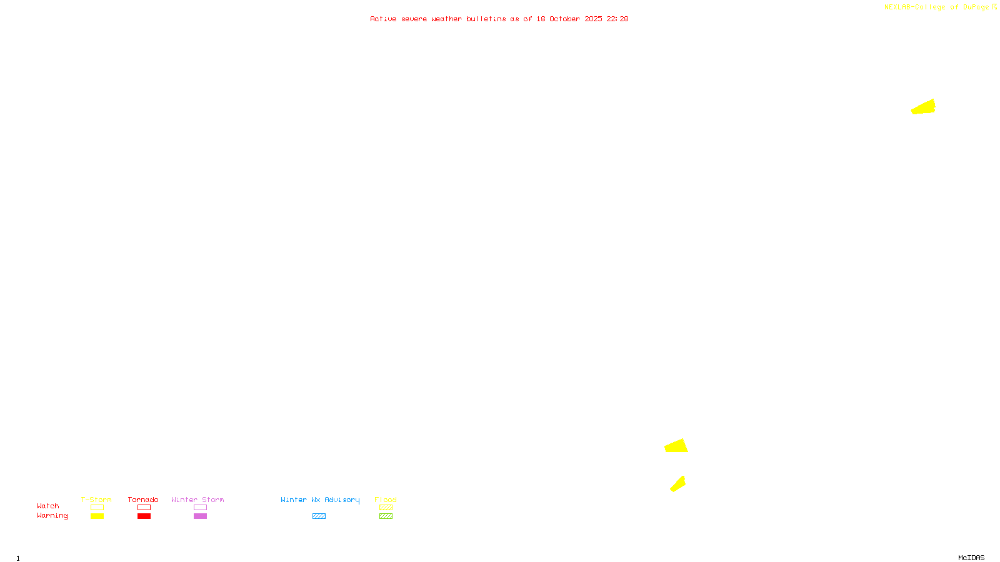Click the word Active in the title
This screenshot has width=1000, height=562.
[x=383, y=19]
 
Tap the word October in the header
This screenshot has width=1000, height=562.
[x=564, y=19]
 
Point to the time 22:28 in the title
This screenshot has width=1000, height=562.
[x=617, y=19]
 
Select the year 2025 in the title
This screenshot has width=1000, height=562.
[x=593, y=19]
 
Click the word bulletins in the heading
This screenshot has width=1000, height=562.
[x=486, y=19]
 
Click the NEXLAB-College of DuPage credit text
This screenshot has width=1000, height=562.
[x=936, y=7]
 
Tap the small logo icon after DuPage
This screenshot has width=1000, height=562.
[x=994, y=7]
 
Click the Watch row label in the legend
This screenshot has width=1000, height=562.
[x=48, y=506]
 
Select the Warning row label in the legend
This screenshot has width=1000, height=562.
[x=52, y=516]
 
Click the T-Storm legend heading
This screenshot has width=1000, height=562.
[x=96, y=500]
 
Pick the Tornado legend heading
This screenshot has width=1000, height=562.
[x=143, y=500]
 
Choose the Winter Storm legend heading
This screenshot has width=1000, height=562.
[x=197, y=500]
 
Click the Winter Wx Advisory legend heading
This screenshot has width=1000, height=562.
[x=320, y=500]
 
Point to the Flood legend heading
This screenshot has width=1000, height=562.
[x=386, y=500]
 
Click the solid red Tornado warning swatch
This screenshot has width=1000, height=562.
[x=144, y=516]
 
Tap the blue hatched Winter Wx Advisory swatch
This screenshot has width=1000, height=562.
[x=319, y=516]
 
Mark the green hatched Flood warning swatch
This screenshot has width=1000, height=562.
[x=386, y=516]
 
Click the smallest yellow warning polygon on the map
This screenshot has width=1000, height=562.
[x=678, y=484]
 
